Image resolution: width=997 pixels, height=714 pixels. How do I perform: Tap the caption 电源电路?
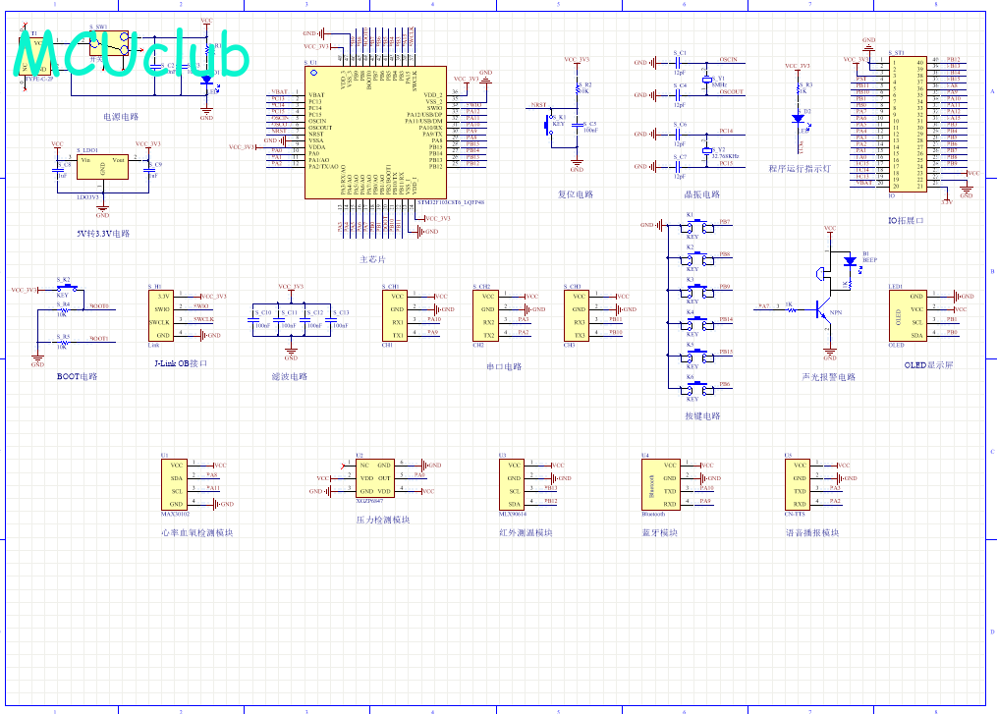(121, 116)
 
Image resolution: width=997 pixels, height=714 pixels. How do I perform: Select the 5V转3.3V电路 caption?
(103, 234)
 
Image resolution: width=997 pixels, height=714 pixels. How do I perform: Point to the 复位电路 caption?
(576, 194)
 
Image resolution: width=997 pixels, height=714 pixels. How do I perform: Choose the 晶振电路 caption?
(701, 194)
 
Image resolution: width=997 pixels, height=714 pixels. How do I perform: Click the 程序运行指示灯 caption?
(801, 168)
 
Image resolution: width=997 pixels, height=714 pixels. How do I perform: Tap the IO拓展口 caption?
(905, 221)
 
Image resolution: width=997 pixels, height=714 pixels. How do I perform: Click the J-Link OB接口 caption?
(182, 363)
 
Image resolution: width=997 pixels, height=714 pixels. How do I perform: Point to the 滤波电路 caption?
(289, 376)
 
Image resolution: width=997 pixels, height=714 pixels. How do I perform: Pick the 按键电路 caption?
(702, 415)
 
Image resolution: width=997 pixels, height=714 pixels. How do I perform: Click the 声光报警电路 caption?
(828, 376)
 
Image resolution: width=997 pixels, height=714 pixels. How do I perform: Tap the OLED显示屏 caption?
(929, 364)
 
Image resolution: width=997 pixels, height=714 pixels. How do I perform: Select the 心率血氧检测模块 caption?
(196, 533)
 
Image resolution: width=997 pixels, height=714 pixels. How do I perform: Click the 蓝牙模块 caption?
(659, 533)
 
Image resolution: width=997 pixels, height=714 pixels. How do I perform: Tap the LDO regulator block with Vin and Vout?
(103, 168)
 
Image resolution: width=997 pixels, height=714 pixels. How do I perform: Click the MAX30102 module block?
(176, 484)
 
